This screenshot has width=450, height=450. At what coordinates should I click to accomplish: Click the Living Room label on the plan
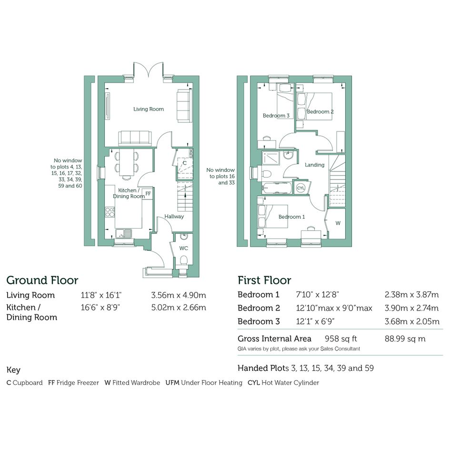(149, 109)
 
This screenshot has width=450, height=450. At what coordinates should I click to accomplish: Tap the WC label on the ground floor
(184, 248)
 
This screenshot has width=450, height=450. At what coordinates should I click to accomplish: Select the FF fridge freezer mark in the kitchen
(148, 194)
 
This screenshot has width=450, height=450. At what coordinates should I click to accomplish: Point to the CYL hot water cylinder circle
(300, 188)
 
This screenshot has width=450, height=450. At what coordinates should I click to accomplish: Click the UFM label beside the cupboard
(191, 153)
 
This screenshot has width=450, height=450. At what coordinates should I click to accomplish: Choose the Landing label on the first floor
(315, 165)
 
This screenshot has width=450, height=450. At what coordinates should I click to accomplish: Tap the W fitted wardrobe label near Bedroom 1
(338, 223)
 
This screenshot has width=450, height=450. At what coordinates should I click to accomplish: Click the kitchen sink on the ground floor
(124, 233)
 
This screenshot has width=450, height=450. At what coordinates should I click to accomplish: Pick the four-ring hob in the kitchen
(110, 212)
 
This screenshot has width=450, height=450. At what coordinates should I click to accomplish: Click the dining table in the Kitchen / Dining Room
(126, 163)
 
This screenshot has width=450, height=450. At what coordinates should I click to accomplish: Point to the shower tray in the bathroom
(270, 159)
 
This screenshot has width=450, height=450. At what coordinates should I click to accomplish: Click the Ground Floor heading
(42, 280)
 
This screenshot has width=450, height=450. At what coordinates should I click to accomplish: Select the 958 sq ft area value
(340, 339)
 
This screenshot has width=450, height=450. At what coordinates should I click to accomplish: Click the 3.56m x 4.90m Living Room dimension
(179, 295)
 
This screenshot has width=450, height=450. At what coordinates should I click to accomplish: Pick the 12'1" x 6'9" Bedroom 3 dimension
(315, 321)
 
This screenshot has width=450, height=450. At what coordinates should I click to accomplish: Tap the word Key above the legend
(13, 370)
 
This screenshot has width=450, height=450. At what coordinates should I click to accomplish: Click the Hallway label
(174, 216)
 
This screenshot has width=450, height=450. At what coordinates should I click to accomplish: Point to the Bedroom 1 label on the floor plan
(291, 217)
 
